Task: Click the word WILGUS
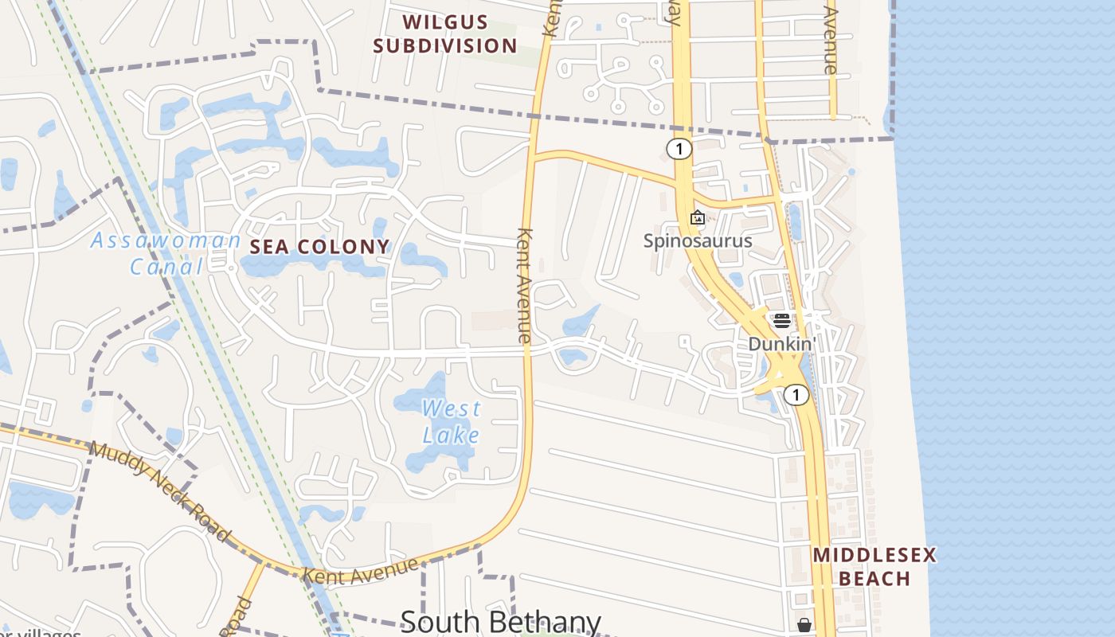(445, 21)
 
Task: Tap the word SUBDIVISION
(445, 45)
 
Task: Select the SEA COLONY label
(320, 247)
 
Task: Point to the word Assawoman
(166, 240)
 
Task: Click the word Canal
(167, 266)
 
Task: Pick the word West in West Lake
(451, 409)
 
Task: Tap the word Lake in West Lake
(451, 435)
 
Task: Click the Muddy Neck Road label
(159, 490)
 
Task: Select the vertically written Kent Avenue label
(524, 285)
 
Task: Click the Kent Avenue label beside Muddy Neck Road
(361, 569)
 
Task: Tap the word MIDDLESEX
(874, 555)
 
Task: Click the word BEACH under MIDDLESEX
(874, 579)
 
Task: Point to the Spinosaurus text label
(698, 240)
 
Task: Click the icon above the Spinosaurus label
(698, 217)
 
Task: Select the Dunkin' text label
(782, 344)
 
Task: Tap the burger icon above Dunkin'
(781, 320)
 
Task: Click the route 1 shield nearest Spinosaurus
(679, 149)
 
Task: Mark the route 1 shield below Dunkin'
(796, 394)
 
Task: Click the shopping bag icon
(804, 625)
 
